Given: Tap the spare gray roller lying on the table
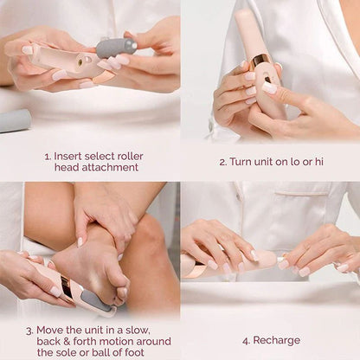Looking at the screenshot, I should click(15, 121).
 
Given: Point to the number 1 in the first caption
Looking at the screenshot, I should click(47, 157).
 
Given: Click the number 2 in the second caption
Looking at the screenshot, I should click(222, 162).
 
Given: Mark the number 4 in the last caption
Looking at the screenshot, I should click(246, 340).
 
